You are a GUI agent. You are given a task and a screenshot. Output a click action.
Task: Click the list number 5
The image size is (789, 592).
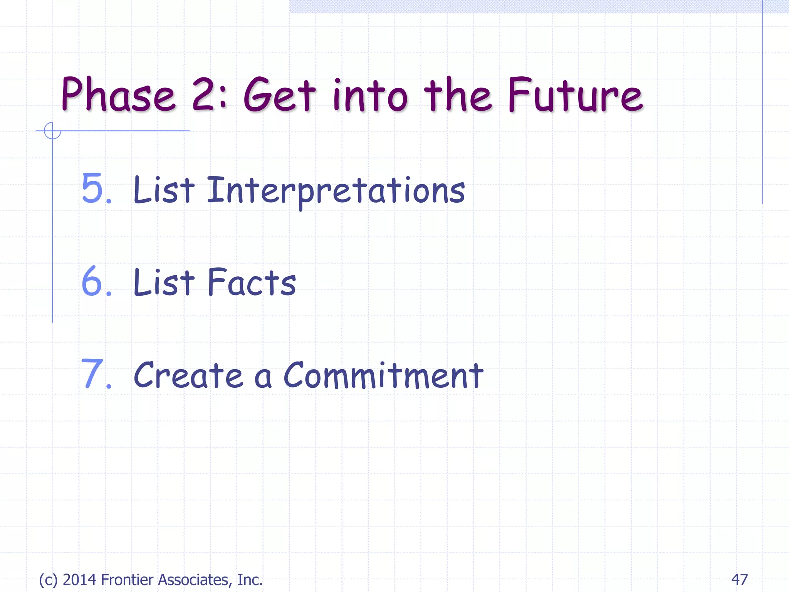pyautogui.click(x=94, y=188)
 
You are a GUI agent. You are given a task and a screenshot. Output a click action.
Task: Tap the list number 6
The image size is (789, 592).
pyautogui.click(x=94, y=282)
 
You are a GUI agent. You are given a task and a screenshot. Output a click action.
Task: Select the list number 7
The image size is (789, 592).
pyautogui.click(x=94, y=374)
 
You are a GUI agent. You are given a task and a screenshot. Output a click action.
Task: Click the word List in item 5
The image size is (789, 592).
pyautogui.click(x=164, y=190)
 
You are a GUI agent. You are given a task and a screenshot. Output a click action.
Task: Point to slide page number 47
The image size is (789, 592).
pyautogui.click(x=739, y=580)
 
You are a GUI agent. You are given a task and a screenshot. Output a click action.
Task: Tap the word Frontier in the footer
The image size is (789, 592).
pyautogui.click(x=128, y=580)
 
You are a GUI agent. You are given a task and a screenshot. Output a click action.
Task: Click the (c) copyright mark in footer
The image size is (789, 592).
pyautogui.click(x=48, y=580)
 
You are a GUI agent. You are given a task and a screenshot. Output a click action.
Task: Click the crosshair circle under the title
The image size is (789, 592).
pyautogui.click(x=52, y=131)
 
